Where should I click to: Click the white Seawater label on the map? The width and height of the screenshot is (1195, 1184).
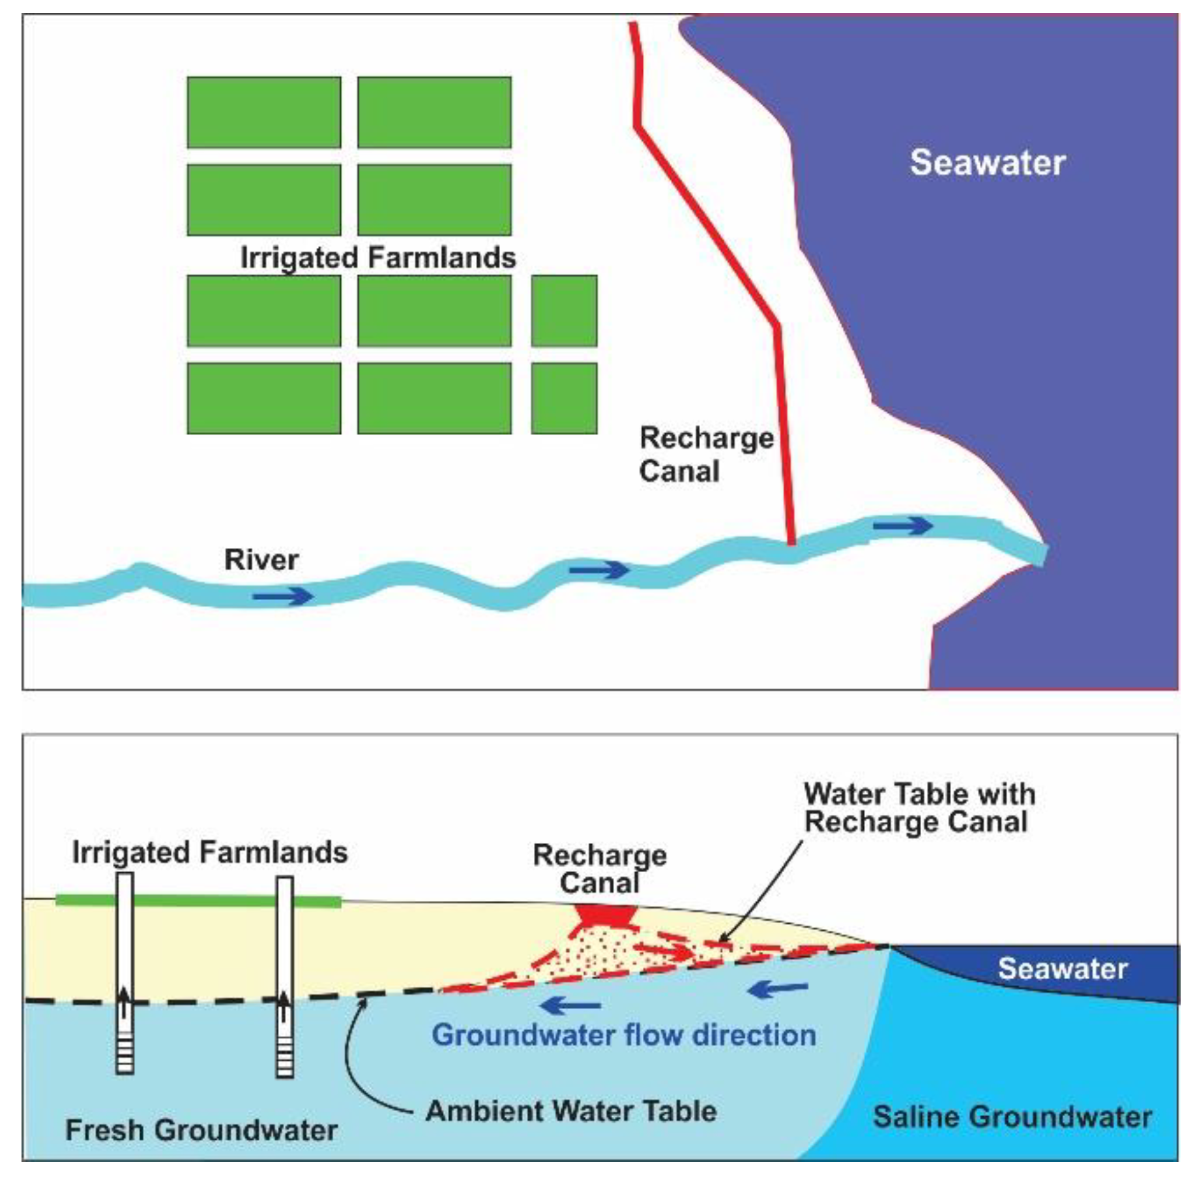click(987, 162)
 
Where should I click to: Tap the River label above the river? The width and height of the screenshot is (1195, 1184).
click(261, 560)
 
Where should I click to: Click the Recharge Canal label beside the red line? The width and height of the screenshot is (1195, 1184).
click(705, 455)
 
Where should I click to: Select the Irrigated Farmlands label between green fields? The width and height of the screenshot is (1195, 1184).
click(378, 258)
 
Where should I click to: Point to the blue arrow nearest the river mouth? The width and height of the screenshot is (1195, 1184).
click(903, 524)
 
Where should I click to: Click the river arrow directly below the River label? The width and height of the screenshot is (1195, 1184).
click(282, 596)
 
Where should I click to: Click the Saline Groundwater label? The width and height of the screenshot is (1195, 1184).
click(1012, 1116)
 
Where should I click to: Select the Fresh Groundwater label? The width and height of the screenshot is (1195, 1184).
click(201, 1130)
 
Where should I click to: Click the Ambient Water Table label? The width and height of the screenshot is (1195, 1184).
click(571, 1111)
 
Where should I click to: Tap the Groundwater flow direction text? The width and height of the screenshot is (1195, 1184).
click(624, 1035)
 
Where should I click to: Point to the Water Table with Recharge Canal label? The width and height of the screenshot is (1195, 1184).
click(919, 808)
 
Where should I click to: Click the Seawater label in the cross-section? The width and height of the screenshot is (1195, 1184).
click(1063, 969)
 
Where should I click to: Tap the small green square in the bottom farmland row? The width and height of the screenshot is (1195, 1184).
click(564, 398)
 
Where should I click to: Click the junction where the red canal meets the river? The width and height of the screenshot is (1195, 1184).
click(791, 541)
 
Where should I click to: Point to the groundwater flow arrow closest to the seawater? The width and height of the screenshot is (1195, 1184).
click(778, 990)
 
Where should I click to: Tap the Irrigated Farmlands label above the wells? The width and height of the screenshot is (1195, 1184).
click(210, 853)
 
